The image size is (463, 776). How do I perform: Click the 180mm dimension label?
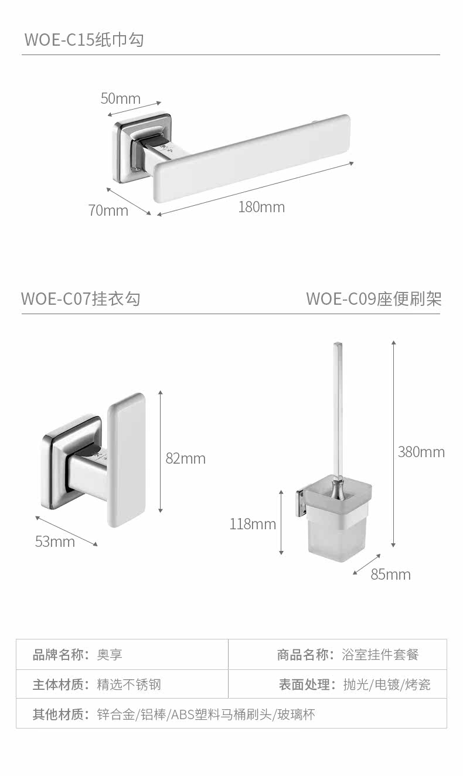[x=261, y=207]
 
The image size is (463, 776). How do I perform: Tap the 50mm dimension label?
[x=121, y=98]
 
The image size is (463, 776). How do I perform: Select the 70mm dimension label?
[x=108, y=210]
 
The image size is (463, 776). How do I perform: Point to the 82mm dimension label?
[x=185, y=458]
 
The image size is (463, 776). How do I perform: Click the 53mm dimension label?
[x=55, y=542]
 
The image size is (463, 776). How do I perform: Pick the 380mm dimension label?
[x=421, y=452]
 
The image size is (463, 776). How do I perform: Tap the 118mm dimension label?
[x=253, y=524]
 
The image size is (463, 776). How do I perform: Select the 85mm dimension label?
[x=390, y=574]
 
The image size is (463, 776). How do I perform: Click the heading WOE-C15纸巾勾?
[x=84, y=40]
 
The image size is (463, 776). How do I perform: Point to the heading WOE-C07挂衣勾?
[x=81, y=298]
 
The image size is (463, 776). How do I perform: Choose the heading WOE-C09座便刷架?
[x=373, y=298]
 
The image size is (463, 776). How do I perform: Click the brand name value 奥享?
[x=110, y=655]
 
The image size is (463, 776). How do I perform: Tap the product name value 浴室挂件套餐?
[x=380, y=655]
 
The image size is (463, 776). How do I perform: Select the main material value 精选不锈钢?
[x=129, y=685]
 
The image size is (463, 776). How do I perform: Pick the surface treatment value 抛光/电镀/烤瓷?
[x=387, y=685]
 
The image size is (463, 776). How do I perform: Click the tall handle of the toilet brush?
[x=338, y=410]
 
